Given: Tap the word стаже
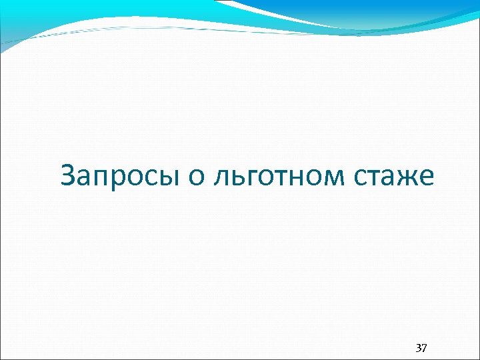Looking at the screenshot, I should click(398, 176).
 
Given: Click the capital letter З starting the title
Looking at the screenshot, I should click(68, 175).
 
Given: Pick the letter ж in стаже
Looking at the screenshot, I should click(410, 177).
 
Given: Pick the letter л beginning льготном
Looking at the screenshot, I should click(219, 177).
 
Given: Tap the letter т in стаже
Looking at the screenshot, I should click(379, 177).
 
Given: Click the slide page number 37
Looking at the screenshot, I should click(421, 348).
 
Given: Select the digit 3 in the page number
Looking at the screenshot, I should click(418, 348).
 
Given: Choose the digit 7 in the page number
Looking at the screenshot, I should click(425, 348).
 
